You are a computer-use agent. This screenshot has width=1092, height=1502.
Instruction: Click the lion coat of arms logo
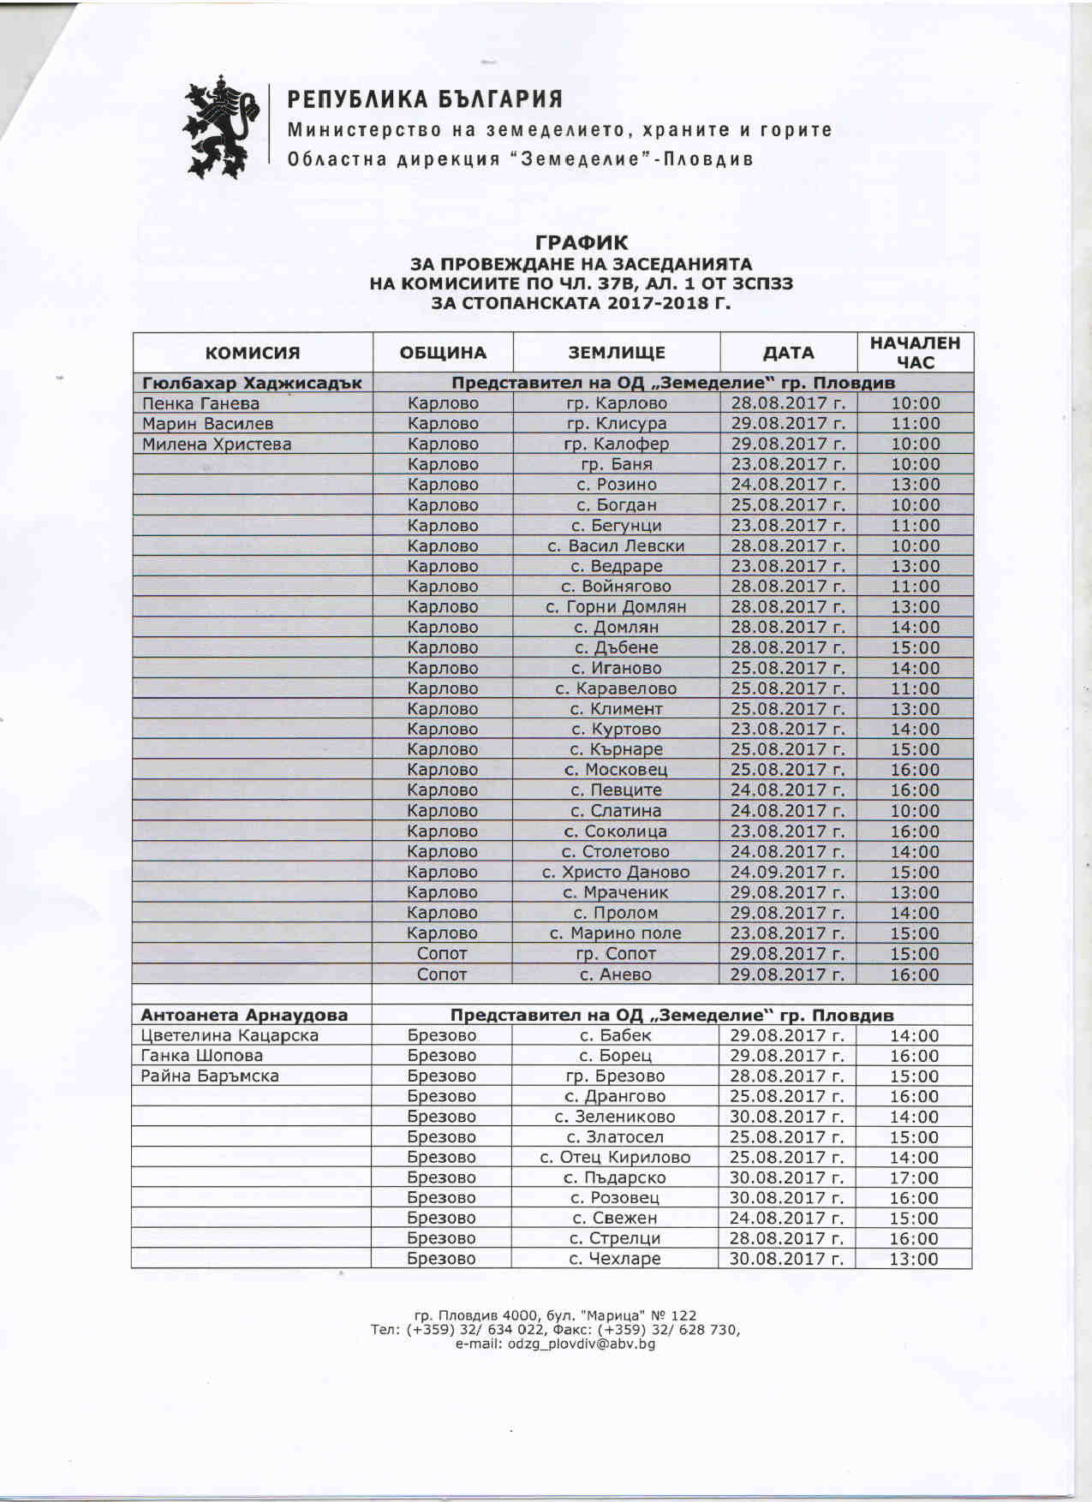click(x=220, y=126)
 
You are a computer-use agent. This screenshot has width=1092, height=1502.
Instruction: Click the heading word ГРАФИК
click(x=582, y=243)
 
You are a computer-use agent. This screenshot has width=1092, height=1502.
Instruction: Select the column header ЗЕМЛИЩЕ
click(x=617, y=353)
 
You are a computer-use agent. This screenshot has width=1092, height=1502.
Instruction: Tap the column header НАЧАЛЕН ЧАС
click(x=915, y=353)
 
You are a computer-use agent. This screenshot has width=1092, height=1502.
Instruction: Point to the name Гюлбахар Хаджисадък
click(x=252, y=383)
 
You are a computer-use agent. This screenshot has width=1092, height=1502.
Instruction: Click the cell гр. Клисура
click(x=617, y=424)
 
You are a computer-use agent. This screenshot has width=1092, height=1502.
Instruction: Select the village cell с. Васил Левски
click(x=616, y=546)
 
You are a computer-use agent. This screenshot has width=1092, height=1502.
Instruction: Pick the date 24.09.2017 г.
click(x=787, y=873)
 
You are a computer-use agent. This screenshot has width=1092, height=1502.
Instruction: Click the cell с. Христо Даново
click(x=616, y=873)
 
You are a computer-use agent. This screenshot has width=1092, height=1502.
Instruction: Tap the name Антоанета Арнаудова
click(x=244, y=1016)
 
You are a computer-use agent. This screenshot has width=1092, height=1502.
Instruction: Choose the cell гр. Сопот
click(x=616, y=954)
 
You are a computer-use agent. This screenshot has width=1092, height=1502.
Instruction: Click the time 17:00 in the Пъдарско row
click(x=914, y=1178)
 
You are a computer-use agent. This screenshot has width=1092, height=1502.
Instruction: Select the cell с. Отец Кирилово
click(x=615, y=1158)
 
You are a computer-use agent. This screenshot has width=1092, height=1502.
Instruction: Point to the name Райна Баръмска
click(x=210, y=1076)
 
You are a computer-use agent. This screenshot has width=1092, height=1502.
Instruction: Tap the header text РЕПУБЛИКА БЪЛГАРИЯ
click(x=425, y=100)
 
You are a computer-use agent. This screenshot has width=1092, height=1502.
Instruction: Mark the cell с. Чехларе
click(x=615, y=1260)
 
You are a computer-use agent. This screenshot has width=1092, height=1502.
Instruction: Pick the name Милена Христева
click(x=217, y=444)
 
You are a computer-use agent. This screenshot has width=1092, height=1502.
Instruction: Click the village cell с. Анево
click(x=616, y=975)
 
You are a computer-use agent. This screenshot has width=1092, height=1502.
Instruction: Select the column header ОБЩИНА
click(x=443, y=353)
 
